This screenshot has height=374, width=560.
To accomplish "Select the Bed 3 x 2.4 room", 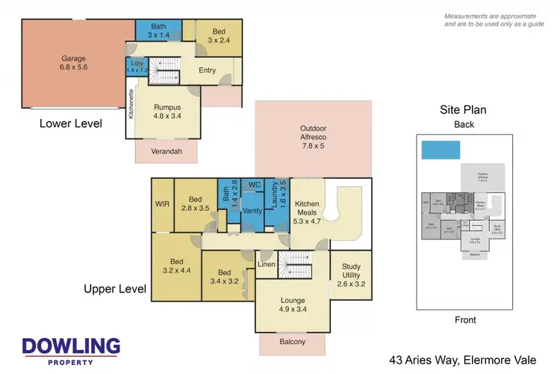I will [x=219, y=36].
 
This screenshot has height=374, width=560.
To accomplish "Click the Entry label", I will [x=207, y=71].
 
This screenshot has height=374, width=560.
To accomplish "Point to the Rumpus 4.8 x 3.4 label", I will [x=168, y=111].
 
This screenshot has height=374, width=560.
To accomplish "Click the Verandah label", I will [x=169, y=151].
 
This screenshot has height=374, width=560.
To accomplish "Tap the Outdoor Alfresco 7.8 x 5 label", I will [x=313, y=133].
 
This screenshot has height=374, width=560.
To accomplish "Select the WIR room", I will [x=162, y=203].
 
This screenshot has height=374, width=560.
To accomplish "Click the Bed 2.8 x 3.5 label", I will [x=196, y=204].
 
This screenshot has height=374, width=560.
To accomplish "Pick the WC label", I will [x=253, y=184].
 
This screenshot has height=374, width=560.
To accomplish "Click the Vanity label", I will [x=252, y=212].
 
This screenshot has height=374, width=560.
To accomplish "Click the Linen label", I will [x=267, y=265].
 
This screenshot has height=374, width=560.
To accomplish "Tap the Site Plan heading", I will [x=464, y=111].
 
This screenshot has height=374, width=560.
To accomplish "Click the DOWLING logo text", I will [x=71, y=346].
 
